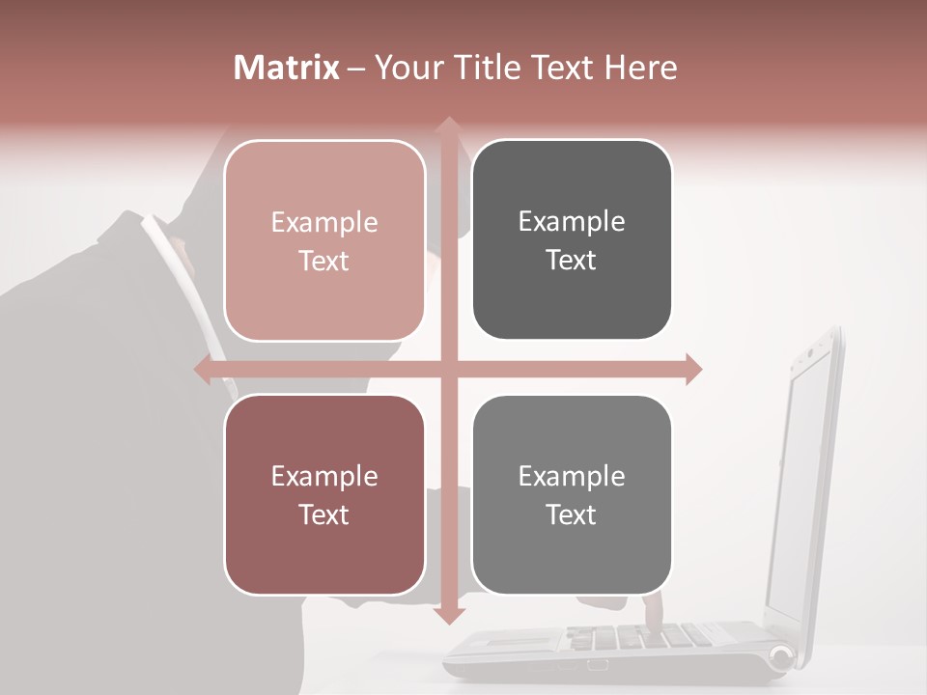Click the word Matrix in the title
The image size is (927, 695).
coord(287,68)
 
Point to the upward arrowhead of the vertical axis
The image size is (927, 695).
coord(448,125)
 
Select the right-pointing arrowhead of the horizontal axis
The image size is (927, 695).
coord(691,369)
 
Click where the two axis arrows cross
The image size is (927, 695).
coord(448,369)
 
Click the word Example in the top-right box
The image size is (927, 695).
coord(572,221)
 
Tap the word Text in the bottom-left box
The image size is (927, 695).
coord(324,514)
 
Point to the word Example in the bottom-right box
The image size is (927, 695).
coord(572,476)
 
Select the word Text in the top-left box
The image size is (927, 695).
coord(324,261)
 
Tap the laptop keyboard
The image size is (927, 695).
coord(618,637)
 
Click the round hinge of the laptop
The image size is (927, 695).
coord(780,657)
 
